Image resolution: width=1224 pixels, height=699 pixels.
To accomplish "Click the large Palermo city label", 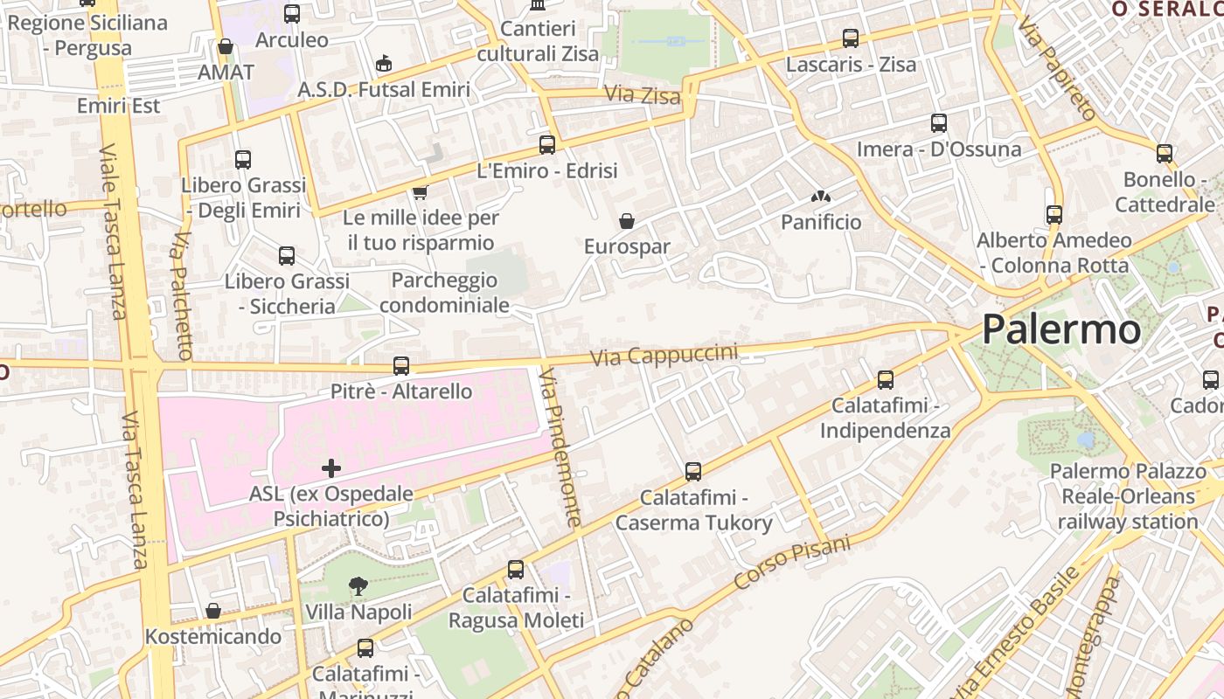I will pos(1061,330).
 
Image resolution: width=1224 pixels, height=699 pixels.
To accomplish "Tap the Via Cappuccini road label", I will pos(664,356).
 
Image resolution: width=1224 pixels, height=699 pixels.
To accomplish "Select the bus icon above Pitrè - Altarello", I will pos(401,365).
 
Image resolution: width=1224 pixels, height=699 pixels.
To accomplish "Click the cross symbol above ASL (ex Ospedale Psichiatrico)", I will pos(331,467).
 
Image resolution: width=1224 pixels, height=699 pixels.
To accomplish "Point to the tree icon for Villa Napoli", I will pos(358,586).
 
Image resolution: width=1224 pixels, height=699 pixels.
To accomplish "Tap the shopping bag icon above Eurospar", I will pos(627,220).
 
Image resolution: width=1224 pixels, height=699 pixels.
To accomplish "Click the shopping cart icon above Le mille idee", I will pos(421,192).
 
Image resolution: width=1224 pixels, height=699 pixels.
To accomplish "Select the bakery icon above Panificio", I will pos(820,197).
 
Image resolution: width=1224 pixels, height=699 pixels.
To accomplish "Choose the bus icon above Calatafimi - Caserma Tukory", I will pos(693,472).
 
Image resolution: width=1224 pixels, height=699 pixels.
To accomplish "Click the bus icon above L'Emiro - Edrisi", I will pos(547,145).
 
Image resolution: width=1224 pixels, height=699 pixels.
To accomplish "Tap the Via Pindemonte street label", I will pos(560,447).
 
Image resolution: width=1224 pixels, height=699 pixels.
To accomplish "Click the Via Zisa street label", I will pos(643,94).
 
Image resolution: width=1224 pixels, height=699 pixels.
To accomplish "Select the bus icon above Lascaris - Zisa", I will pos(851,38).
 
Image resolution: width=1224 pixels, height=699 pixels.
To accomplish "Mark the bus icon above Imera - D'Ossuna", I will pos(939,123).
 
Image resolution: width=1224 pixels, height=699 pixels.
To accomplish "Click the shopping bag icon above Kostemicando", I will pos(213,611).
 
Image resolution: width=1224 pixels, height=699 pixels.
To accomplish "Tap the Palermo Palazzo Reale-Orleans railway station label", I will pos(1128,496).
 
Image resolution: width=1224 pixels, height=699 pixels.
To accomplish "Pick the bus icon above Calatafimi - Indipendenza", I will pos(886,380).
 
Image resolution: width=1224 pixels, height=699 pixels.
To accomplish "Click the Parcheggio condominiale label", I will pos(444,293).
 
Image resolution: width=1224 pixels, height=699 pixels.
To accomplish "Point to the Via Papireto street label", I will pos(1057,73).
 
